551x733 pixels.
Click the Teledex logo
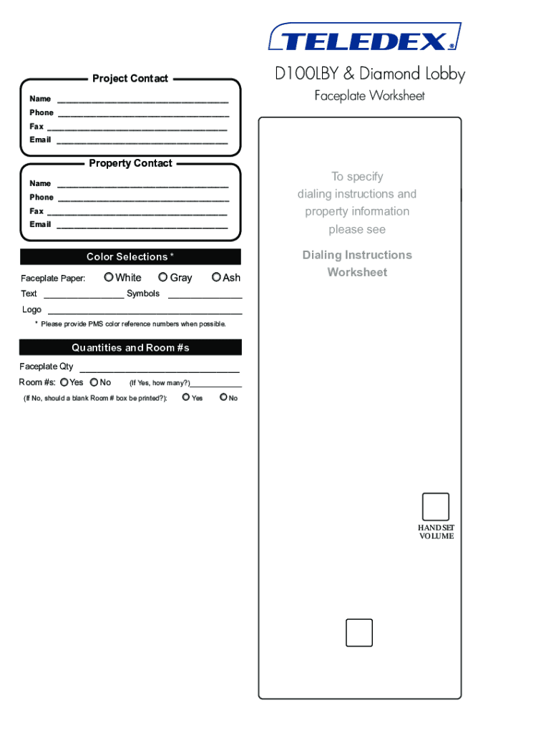click(364, 38)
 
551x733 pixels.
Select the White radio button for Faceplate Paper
click(109, 277)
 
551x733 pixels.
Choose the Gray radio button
click(163, 277)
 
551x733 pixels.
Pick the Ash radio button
click(216, 277)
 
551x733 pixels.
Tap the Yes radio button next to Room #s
click(64, 382)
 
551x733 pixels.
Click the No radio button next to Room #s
click(94, 382)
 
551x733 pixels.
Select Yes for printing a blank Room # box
click(186, 397)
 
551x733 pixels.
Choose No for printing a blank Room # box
click(223, 397)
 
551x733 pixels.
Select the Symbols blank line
click(205, 296)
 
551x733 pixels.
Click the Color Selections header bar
click(130, 257)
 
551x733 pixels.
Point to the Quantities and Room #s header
click(130, 348)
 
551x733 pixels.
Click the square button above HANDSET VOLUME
click(436, 507)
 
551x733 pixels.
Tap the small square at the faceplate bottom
click(359, 633)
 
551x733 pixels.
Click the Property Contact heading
click(130, 163)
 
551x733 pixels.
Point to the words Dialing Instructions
click(357, 255)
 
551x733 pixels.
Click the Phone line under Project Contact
click(143, 115)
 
